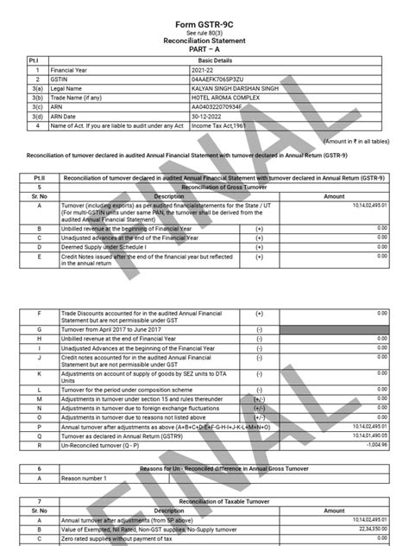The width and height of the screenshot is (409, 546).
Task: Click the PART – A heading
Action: (204, 48)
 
